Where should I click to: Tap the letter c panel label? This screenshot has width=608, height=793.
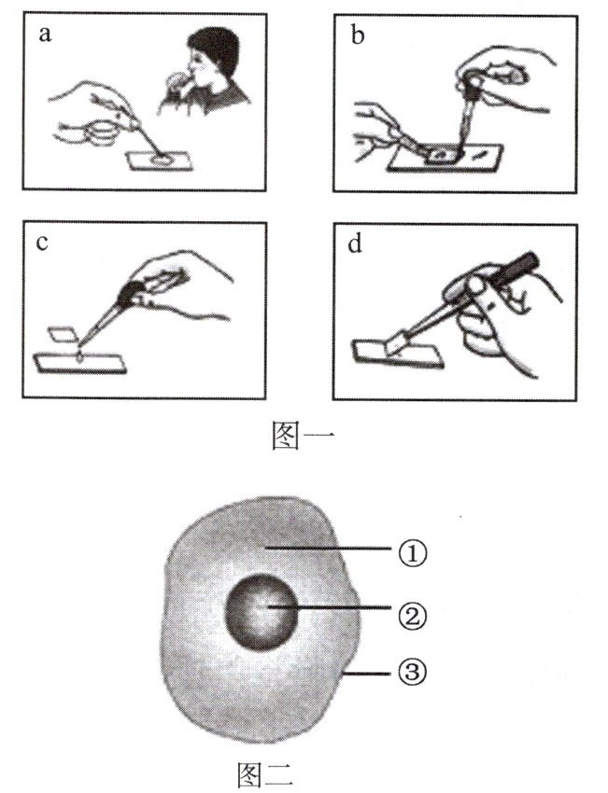[x=43, y=244]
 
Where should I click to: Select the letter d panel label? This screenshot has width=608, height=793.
[x=352, y=244]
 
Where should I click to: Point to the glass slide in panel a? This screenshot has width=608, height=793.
[x=162, y=161]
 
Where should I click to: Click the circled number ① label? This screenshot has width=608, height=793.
[x=413, y=552]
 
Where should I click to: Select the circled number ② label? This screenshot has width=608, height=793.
[x=413, y=614]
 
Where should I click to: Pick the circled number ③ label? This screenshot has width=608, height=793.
[x=413, y=670]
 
